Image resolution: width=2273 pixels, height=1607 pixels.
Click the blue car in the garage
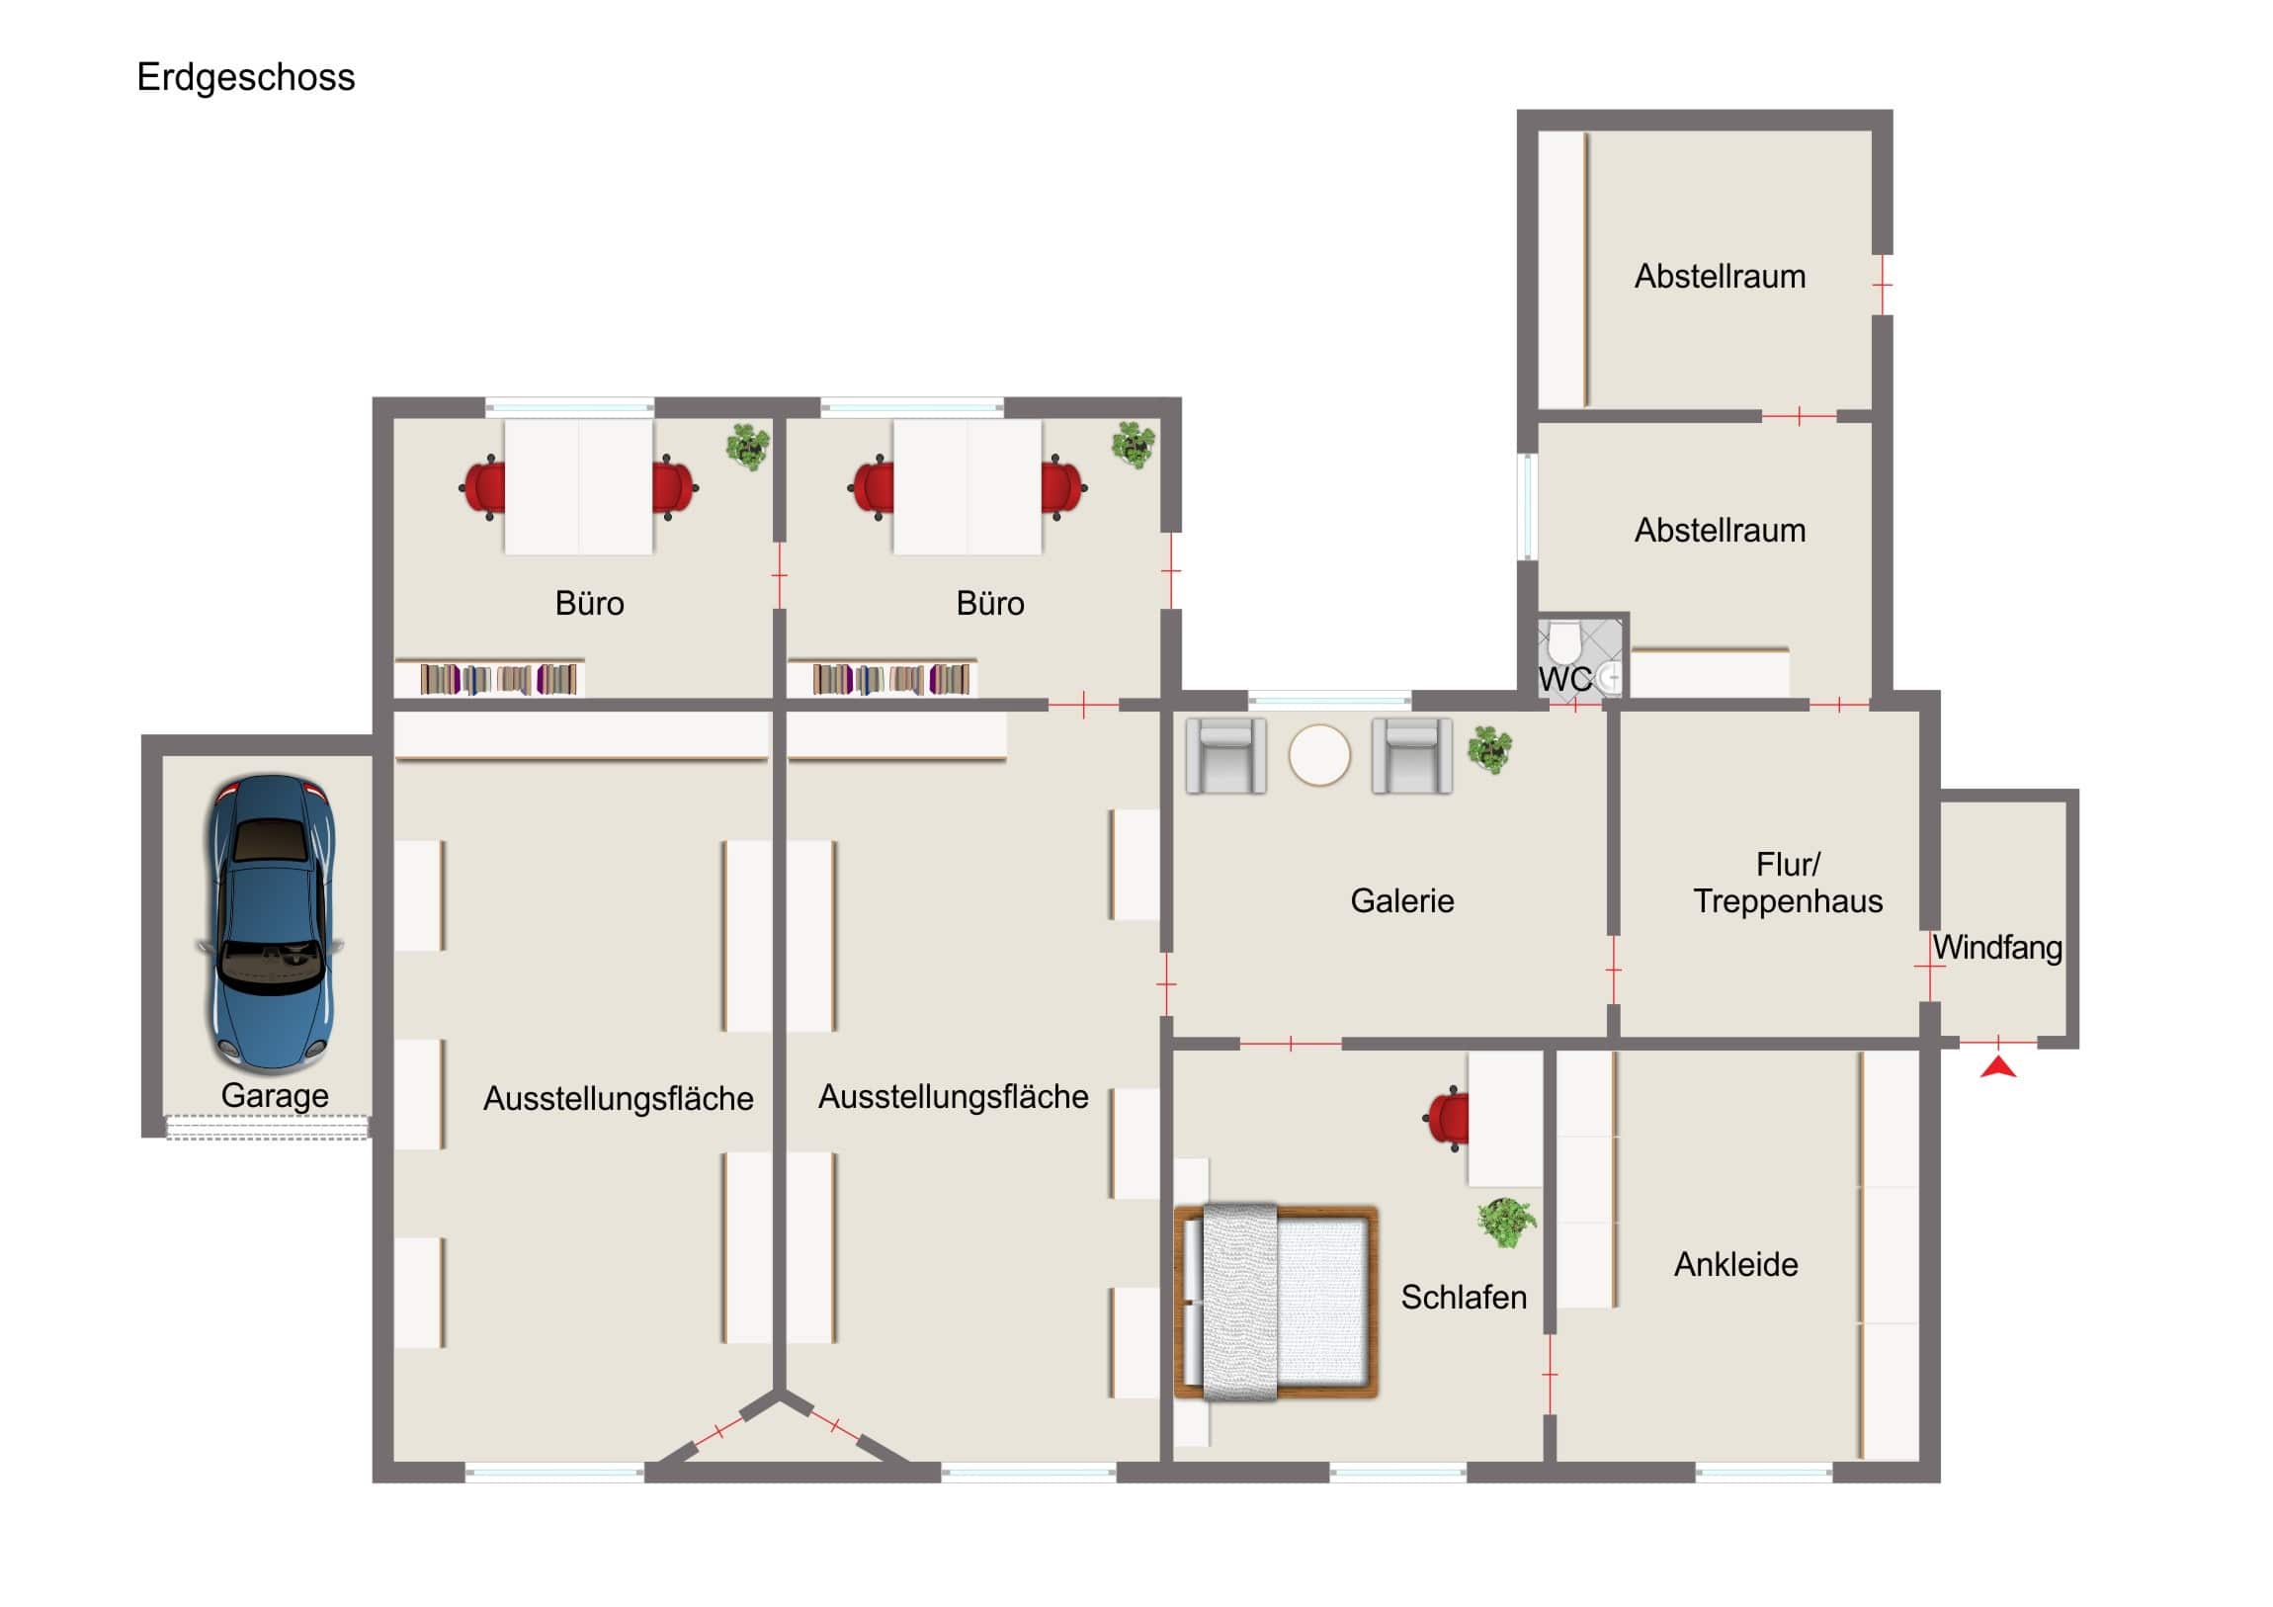[270, 923]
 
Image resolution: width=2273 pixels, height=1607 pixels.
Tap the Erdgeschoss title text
[245, 77]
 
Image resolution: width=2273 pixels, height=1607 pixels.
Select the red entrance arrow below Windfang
[1999, 1067]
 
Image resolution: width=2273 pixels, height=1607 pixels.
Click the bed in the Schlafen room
[1276, 1302]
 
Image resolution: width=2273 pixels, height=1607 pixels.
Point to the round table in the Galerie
[1318, 755]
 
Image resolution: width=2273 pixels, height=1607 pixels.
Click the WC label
[1565, 679]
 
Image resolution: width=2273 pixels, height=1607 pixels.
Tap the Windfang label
[1998, 948]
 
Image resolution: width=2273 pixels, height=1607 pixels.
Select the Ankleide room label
[1735, 1264]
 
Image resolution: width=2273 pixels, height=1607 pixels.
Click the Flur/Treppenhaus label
[1788, 884]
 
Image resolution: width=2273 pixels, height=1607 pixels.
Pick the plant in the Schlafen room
[1507, 1223]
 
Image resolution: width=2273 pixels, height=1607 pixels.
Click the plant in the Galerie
[1490, 749]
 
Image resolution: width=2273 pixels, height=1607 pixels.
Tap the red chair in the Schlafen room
[1447, 1119]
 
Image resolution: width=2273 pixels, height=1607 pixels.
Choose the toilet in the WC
[1564, 641]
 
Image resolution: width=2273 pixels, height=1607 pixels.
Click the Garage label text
[274, 1096]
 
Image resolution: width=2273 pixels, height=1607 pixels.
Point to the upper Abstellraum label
[1720, 277]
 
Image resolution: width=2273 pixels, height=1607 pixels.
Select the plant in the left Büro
[748, 448]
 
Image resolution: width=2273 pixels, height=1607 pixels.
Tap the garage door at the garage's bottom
[267, 1128]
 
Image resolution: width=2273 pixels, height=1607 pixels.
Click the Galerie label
[1401, 901]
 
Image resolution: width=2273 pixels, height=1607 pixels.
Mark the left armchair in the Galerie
[1225, 755]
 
